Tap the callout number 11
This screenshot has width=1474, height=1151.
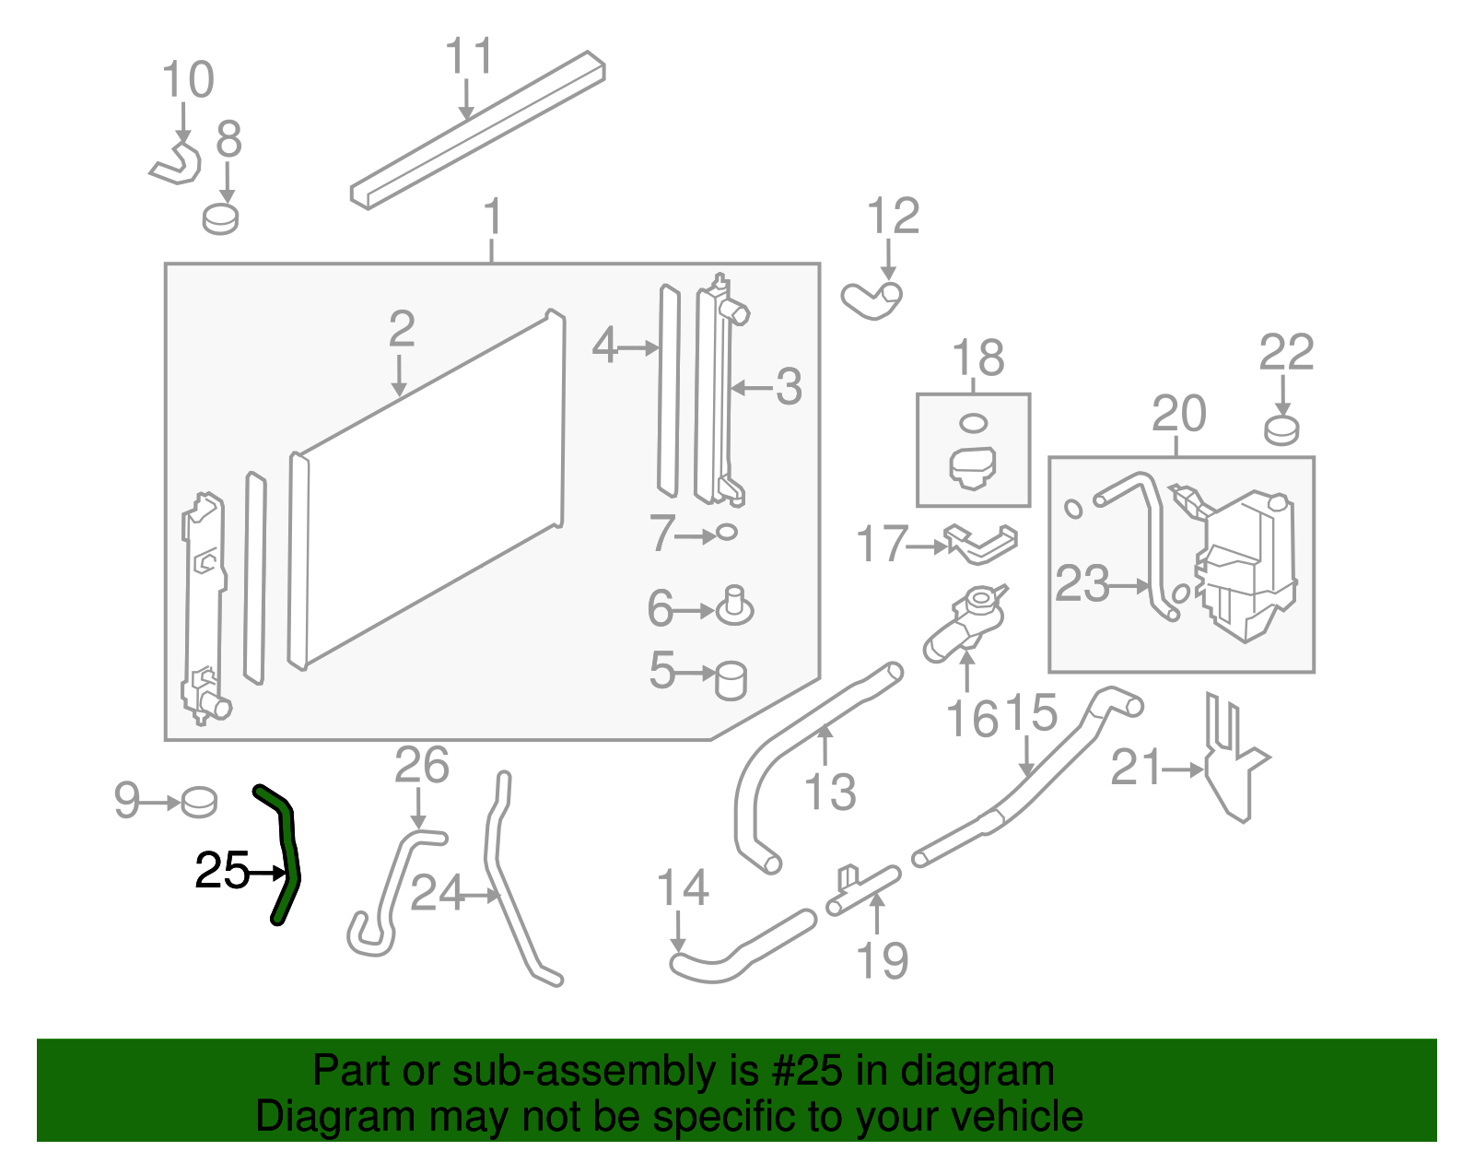coord(469,56)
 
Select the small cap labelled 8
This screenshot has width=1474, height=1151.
coord(221,219)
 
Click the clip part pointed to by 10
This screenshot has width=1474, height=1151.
coord(177,164)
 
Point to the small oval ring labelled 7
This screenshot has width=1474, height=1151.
coord(727,532)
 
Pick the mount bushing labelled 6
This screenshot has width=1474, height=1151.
coord(734,606)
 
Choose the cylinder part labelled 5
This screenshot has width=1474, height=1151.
coord(731,680)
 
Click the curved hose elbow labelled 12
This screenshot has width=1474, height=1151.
coord(871,300)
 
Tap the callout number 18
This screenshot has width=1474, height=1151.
coord(977,358)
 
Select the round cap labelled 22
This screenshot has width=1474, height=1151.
coord(1281,429)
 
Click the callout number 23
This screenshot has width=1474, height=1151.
coord(1082,583)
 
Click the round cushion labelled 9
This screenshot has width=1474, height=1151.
coord(199,802)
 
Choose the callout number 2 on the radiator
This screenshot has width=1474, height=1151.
coord(402,328)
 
